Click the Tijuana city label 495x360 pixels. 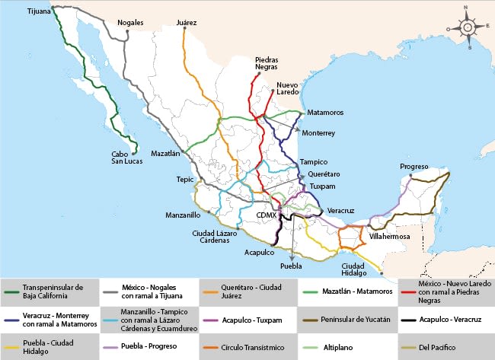39,13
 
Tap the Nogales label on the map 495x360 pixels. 130,23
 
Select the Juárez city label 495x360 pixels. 186,23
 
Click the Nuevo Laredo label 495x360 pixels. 288,88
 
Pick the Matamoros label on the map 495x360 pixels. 325,113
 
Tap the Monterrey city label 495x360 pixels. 318,132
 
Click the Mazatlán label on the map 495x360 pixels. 165,153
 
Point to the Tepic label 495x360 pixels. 185,180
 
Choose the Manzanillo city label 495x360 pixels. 183,215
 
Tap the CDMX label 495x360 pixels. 266,215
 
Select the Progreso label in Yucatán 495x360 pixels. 414,167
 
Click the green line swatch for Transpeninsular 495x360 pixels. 11,291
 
